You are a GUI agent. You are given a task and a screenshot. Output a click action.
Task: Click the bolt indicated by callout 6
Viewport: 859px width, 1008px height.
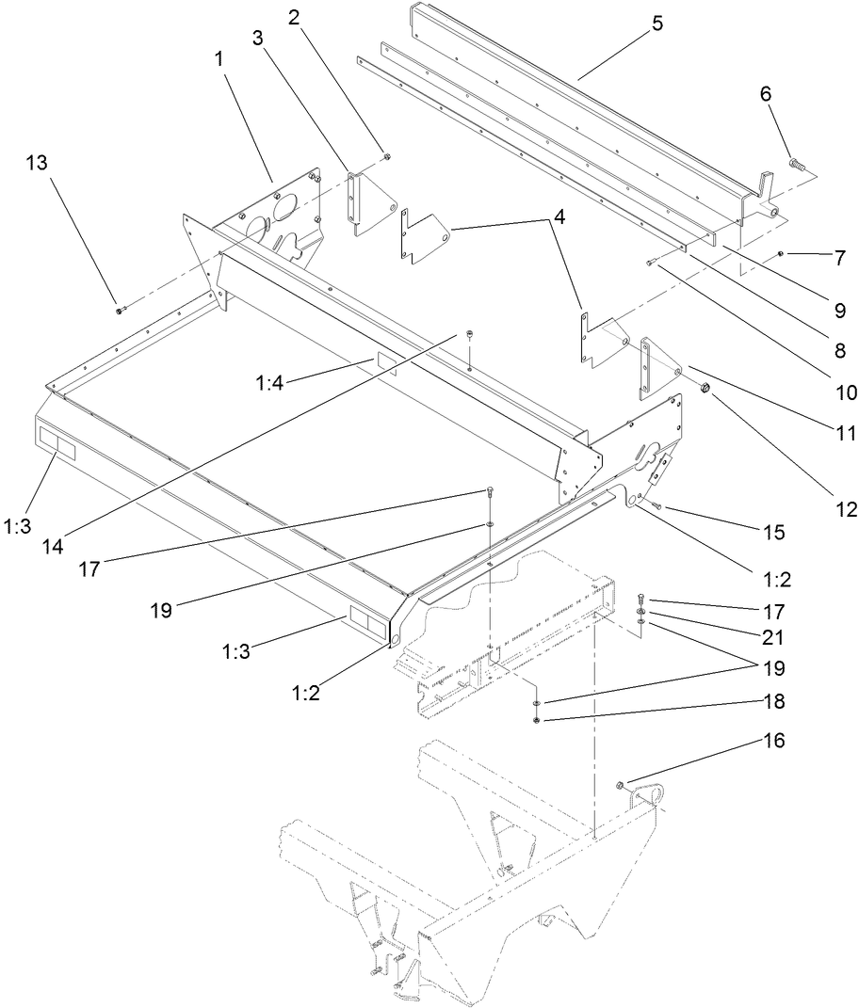click(793, 163)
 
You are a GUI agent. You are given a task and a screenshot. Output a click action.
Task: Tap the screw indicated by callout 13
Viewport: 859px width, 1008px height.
click(119, 309)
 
